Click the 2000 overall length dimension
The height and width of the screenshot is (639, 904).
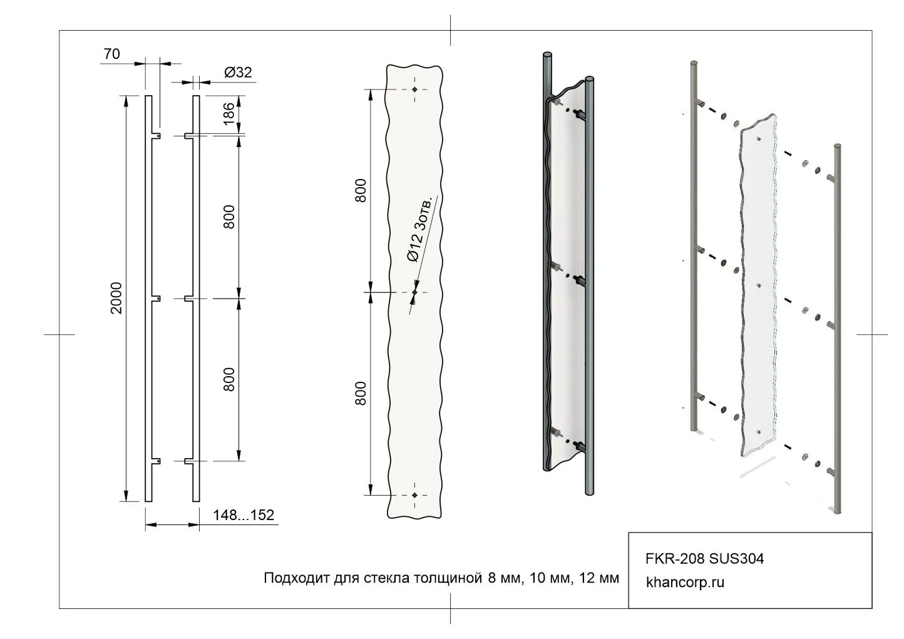[116, 298]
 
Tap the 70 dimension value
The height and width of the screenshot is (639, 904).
[112, 54]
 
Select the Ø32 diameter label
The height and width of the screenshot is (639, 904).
[238, 72]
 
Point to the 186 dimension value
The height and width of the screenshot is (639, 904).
[229, 114]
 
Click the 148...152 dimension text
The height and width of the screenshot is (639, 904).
[244, 515]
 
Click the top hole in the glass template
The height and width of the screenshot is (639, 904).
[414, 89]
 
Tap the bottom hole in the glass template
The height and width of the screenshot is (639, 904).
[414, 495]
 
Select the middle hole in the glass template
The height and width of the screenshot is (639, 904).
[414, 292]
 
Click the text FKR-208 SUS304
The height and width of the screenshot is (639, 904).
[705, 559]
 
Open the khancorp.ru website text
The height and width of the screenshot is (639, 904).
[685, 582]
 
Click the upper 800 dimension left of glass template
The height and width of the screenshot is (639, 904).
[361, 190]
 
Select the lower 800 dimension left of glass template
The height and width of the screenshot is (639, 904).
[361, 393]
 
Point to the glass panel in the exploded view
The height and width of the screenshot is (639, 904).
[759, 285]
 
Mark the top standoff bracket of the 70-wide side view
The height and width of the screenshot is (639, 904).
[156, 136]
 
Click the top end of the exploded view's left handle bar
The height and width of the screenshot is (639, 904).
[694, 64]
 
